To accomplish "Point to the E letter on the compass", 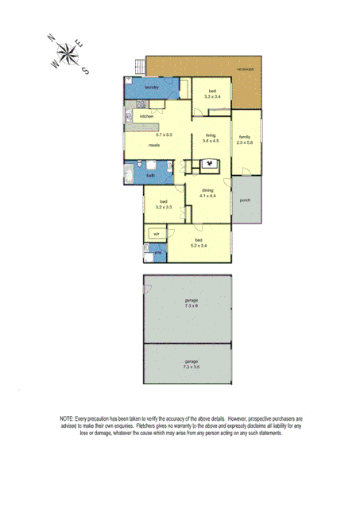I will point(77,44).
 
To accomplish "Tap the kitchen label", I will point(147,117).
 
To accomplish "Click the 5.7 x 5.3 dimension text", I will point(164,134).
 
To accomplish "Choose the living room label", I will point(210,135).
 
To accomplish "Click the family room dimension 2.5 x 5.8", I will point(245,142).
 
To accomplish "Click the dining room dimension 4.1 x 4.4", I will point(207,196).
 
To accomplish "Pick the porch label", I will point(245,200).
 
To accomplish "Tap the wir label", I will point(156,234).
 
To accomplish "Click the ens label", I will point(157,253).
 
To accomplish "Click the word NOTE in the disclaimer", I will point(68,418).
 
